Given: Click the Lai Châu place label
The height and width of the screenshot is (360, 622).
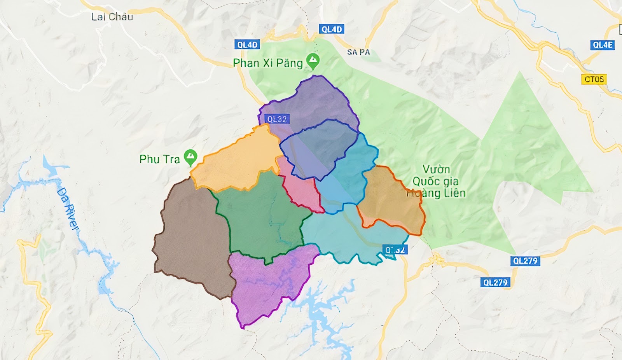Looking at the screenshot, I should coord(112,17).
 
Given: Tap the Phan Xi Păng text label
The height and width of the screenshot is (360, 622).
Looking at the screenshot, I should coord(267,63).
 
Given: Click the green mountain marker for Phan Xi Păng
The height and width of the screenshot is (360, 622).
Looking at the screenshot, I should coord(313,61).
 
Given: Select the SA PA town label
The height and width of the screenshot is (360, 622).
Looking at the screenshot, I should coord(358,52).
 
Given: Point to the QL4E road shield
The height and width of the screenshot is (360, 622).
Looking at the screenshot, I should coord(603,45).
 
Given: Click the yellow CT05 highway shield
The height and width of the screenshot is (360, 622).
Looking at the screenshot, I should coord(594,79).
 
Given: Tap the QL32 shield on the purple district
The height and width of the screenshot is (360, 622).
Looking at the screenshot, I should coord(277,119).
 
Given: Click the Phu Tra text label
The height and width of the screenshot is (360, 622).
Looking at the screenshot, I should coord(159,159).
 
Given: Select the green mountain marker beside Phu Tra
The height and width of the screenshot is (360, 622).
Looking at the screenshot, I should coord(190,157).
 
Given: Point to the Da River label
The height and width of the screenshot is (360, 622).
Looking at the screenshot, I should coord(68,209).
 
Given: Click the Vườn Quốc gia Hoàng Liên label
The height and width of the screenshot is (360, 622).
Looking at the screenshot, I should coord(436,181).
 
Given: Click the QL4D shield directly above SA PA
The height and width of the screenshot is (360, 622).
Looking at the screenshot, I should coord(332,29).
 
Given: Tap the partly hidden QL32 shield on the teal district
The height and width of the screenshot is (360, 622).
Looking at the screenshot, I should coord(395,250).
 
